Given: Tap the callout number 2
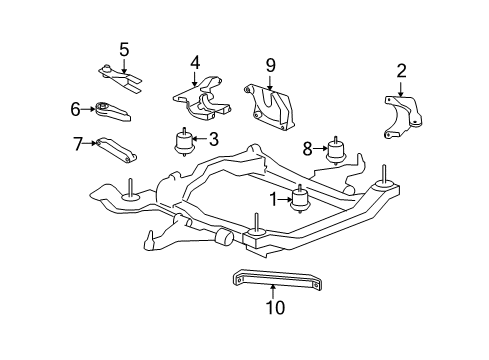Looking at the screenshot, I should (401, 70).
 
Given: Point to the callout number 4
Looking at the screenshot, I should (196, 62).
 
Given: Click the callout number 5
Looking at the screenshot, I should (124, 48).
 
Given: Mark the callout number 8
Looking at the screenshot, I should (309, 148).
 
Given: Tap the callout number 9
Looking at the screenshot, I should (269, 65).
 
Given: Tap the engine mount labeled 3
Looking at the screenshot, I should (184, 142).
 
